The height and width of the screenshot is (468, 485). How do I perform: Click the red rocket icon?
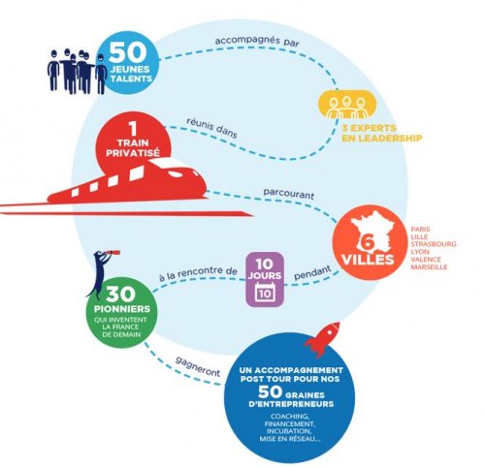(x=323, y=339)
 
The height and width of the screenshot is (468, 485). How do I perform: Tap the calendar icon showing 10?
(x=265, y=293)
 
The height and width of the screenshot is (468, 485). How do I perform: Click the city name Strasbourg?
(x=434, y=244)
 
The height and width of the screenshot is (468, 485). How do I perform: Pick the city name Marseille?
(x=429, y=267)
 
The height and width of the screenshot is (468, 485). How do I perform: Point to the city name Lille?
(x=419, y=236)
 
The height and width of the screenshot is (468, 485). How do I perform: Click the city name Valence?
(x=426, y=260)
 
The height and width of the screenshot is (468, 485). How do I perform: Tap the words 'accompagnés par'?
(x=257, y=42)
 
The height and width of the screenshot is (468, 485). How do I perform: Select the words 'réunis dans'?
(x=211, y=128)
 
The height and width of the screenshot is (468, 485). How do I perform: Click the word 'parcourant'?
(x=288, y=194)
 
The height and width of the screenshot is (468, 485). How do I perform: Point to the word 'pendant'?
(x=312, y=273)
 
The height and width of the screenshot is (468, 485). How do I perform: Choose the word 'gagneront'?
(x=198, y=366)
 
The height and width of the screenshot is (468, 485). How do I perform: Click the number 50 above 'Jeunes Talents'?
(x=128, y=52)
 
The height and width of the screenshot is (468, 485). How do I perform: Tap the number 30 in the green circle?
(x=120, y=295)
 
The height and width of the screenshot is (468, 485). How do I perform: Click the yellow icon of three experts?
(x=347, y=104)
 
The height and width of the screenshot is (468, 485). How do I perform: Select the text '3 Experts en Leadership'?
(x=382, y=133)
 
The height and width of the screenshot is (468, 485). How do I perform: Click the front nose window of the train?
(x=176, y=174)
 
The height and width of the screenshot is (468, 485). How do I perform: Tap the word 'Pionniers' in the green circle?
(x=122, y=309)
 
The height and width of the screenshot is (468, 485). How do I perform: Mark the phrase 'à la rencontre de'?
(x=198, y=273)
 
